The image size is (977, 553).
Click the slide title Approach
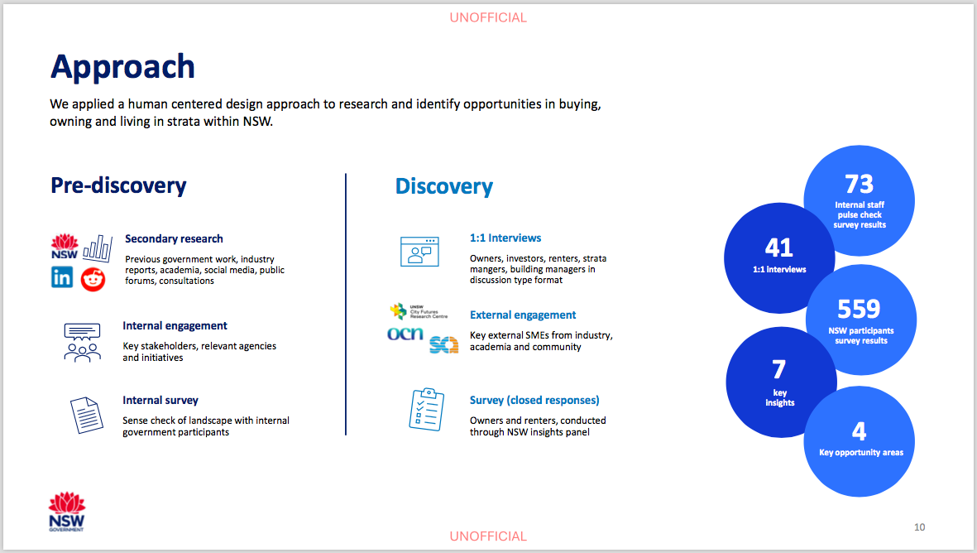coord(122,67)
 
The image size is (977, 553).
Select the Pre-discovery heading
coord(118,185)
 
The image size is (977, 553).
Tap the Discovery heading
coord(443,185)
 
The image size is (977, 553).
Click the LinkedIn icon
coord(62,276)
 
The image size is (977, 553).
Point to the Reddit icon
coord(93,279)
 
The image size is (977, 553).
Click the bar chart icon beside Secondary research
coord(98,248)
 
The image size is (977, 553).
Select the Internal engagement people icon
coord(82,342)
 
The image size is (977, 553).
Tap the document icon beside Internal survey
coord(87,416)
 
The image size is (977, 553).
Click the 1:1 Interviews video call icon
coord(419,252)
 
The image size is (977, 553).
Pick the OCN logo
coord(405,334)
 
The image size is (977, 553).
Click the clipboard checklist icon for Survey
coord(427,409)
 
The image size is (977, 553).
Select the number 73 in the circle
coord(859,184)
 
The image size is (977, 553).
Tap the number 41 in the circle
coord(778,248)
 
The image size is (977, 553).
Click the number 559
coord(859,310)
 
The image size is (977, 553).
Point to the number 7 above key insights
coord(778,370)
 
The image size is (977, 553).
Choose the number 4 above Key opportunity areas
coord(860,431)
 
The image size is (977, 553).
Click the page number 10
coord(920,527)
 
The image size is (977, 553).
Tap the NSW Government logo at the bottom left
coord(67,512)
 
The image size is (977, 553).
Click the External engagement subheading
coord(523,315)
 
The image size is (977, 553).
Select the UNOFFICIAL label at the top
coord(488,17)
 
